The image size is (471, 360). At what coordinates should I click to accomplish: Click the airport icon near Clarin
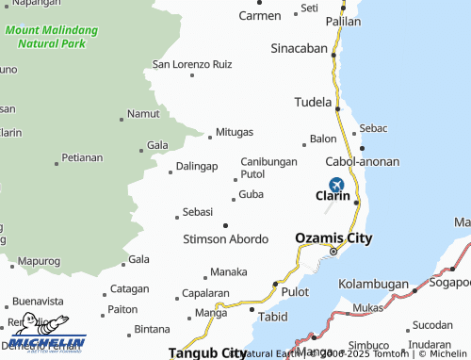click(336, 185)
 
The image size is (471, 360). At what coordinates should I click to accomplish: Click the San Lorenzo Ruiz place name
click(192, 65)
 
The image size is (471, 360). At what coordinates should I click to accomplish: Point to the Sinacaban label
click(299, 48)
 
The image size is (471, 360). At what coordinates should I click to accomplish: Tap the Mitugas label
click(235, 132)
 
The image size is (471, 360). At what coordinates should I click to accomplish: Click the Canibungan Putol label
click(268, 168)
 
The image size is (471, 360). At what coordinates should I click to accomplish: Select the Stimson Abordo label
click(226, 239)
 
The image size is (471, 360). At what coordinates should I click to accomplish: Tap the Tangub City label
click(207, 353)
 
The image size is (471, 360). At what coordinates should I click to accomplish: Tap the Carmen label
click(260, 16)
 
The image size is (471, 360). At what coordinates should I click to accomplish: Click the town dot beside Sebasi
click(176, 218)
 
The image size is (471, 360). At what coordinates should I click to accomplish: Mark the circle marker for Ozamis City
click(333, 251)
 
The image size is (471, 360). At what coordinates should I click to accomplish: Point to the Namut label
click(143, 113)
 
